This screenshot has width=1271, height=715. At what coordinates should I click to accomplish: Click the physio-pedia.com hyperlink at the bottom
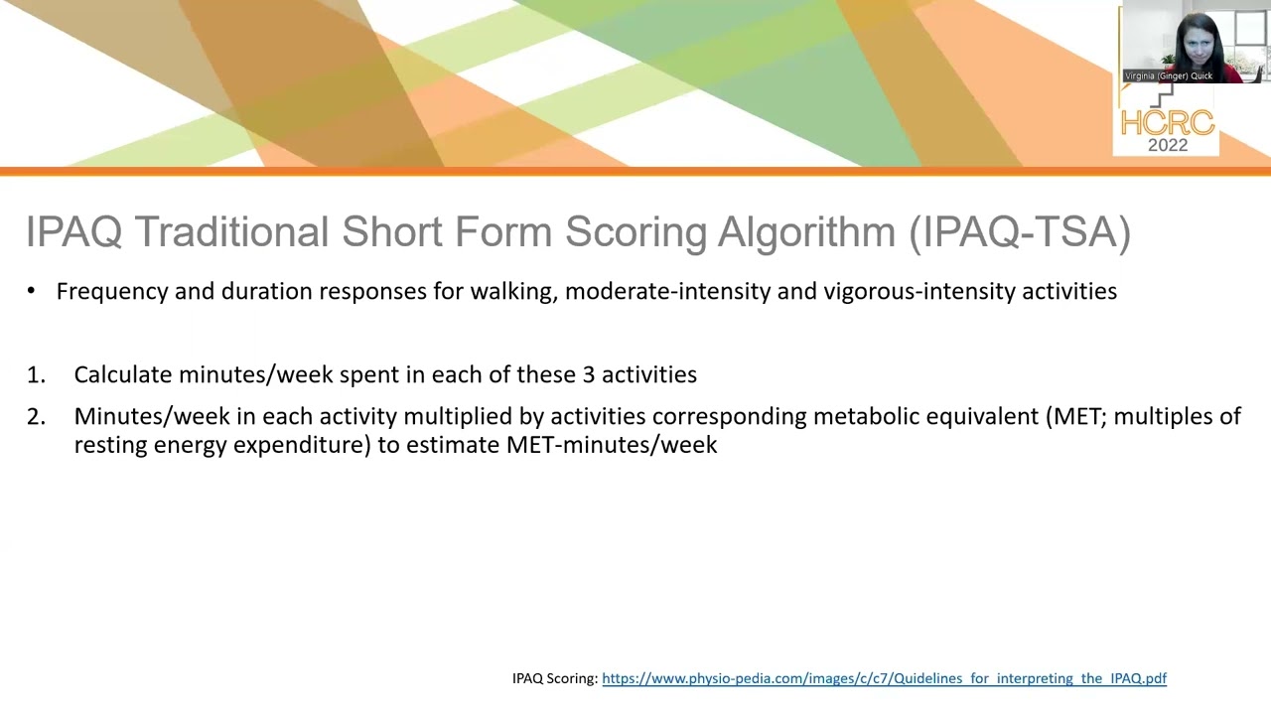pos(884,678)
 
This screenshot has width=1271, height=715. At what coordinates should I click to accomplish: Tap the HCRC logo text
pos(1167,123)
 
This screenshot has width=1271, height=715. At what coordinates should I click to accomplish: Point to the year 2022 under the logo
pos(1168,145)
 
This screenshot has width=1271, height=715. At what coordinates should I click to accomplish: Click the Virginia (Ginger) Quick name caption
pos(1169,75)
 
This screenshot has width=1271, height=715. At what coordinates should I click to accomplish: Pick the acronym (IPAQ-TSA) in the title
pos(1020,232)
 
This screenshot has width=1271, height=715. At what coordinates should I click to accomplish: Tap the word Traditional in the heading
pos(232,232)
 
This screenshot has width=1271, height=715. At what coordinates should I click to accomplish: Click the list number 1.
pos(36,375)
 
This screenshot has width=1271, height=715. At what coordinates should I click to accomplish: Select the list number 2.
pos(36,417)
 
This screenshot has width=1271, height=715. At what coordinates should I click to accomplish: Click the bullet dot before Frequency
pos(32,292)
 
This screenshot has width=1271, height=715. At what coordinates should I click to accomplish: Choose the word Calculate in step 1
pos(123,374)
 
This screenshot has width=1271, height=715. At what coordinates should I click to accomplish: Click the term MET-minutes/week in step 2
pos(612,444)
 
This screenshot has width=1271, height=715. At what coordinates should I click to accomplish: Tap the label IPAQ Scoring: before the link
pos(555,678)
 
